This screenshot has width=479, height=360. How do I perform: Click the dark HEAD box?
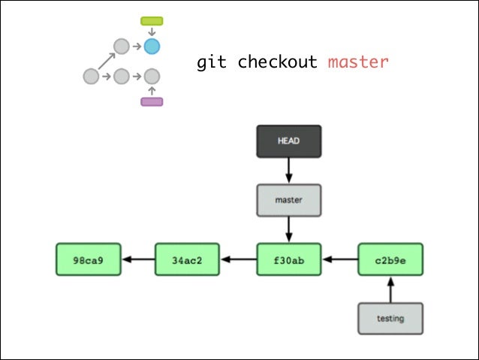pyautogui.click(x=289, y=141)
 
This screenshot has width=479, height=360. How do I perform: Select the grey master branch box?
pyautogui.click(x=289, y=200)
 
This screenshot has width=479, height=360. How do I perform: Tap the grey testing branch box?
pyautogui.click(x=390, y=318)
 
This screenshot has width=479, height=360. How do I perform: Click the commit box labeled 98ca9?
pyautogui.click(x=88, y=259)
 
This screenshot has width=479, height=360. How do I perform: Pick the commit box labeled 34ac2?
pyautogui.click(x=187, y=259)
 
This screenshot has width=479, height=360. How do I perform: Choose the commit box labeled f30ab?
pyautogui.click(x=289, y=259)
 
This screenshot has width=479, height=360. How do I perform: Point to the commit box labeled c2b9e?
pyautogui.click(x=390, y=259)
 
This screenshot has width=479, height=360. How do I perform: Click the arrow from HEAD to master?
pyautogui.click(x=289, y=171)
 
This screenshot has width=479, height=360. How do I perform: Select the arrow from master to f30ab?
pyautogui.click(x=289, y=229)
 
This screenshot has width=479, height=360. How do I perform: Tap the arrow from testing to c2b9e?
pyautogui.click(x=390, y=289)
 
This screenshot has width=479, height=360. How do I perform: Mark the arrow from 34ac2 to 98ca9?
pyautogui.click(x=137, y=259)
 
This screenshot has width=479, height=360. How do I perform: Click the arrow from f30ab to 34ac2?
pyautogui.click(x=238, y=259)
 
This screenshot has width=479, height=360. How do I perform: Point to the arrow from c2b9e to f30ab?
pyautogui.click(x=339, y=259)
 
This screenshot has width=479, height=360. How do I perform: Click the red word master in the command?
pyautogui.click(x=358, y=62)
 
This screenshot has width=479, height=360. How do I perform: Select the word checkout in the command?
pyautogui.click(x=277, y=62)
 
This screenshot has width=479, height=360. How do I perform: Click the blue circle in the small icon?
pyautogui.click(x=152, y=47)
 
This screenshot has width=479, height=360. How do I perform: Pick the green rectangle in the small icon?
pyautogui.click(x=152, y=21)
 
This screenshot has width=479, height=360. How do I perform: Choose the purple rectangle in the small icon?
pyautogui.click(x=152, y=101)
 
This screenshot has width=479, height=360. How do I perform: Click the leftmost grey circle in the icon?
pyautogui.click(x=91, y=76)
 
